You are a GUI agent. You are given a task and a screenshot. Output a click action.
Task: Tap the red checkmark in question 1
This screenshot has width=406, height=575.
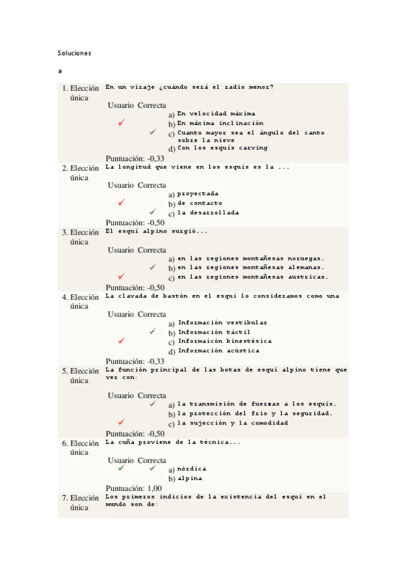(x=121, y=123)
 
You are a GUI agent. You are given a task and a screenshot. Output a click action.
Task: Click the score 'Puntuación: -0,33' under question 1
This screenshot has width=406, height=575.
(x=135, y=157)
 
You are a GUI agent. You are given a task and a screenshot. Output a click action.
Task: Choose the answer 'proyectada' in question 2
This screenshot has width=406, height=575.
(x=198, y=193)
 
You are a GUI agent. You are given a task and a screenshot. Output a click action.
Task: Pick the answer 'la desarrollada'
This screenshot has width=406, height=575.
(x=207, y=212)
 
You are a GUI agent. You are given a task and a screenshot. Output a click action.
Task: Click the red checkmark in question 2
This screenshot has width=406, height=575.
(x=121, y=203)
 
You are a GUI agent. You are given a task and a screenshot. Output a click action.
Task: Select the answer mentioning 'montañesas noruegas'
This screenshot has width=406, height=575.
(x=250, y=258)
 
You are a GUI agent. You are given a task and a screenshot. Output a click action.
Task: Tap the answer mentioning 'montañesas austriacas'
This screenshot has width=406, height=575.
(x=253, y=277)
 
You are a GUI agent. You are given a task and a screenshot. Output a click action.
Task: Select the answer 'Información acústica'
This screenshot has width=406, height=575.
(x=218, y=351)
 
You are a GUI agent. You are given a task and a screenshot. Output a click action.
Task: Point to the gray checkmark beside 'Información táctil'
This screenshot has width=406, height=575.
(x=153, y=332)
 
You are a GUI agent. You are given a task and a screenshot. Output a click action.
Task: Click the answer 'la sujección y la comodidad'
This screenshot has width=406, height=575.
(x=232, y=422)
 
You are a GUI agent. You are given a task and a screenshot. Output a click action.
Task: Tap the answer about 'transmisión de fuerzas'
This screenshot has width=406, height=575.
(x=257, y=403)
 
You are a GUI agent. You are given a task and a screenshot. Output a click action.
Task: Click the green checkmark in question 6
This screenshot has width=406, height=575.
(x=121, y=468)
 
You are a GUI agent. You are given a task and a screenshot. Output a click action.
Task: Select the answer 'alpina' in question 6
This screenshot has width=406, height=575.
(x=190, y=477)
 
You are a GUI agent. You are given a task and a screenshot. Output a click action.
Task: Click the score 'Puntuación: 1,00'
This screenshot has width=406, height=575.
(x=134, y=488)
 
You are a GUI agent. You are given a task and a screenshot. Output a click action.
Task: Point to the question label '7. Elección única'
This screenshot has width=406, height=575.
(x=80, y=502)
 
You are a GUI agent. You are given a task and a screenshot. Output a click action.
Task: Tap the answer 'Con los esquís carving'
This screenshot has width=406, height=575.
(x=222, y=147)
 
